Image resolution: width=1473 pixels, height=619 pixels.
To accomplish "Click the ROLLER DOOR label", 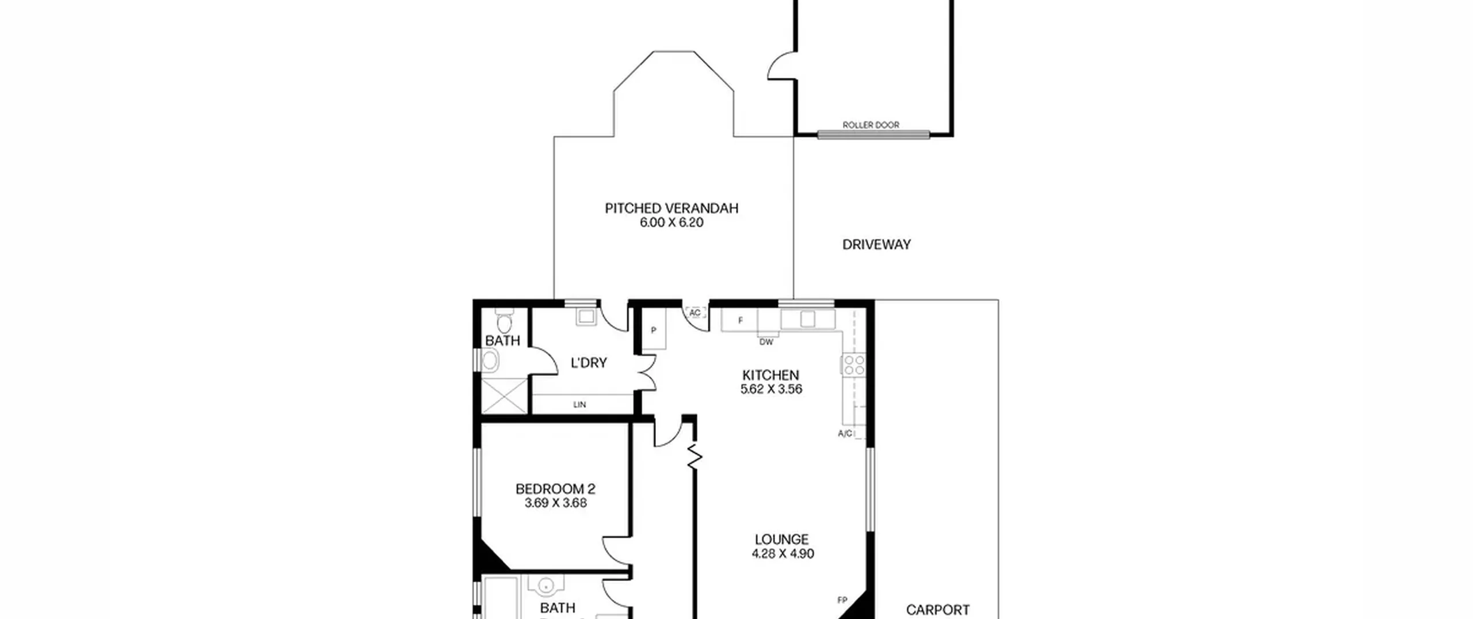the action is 871,125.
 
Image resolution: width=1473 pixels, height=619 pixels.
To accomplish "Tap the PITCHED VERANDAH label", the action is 671,208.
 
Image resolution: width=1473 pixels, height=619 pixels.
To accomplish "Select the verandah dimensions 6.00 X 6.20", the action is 671,223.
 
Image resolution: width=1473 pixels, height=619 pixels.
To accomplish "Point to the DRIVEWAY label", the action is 876,245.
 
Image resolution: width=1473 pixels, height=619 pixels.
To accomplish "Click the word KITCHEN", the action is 770,375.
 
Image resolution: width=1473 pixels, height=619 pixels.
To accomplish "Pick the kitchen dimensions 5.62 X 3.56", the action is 771,389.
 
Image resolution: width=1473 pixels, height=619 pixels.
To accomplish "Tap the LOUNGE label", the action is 781,540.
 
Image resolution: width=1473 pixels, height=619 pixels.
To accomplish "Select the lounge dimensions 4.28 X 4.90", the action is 783,554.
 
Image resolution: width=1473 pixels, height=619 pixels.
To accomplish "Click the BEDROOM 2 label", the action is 555,489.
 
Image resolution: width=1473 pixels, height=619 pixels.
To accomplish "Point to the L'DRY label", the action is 589,363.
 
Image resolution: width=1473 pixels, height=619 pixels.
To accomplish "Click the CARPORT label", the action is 938,610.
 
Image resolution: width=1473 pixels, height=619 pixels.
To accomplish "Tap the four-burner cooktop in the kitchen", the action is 853,365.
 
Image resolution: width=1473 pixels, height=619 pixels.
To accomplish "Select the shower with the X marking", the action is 504,395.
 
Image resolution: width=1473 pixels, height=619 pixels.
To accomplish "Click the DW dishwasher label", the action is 766,342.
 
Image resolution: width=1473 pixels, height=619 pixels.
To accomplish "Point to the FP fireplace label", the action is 842,601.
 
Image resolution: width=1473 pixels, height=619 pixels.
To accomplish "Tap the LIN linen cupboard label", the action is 579,405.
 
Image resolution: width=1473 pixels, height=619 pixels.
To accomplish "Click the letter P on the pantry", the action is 654,331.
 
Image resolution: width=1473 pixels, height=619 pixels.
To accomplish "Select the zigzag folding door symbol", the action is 694,455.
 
